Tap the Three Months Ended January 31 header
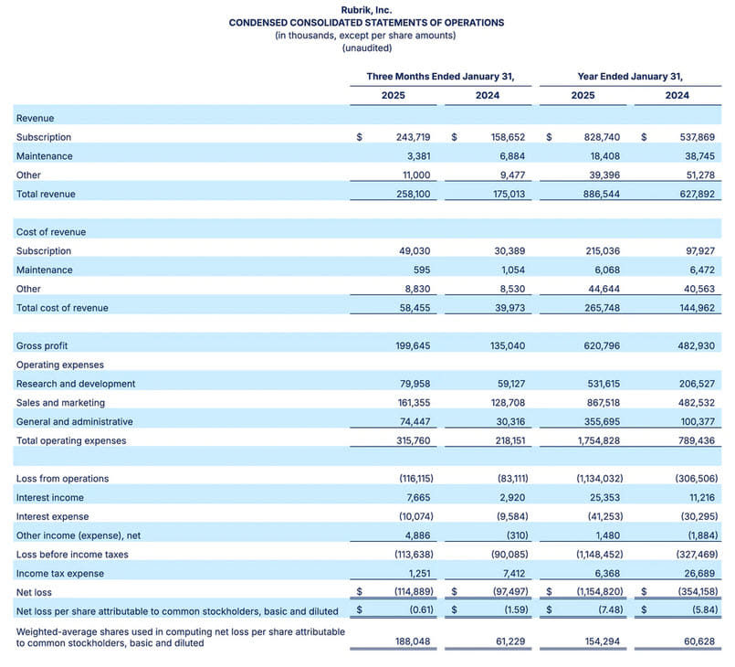pyautogui.click(x=440, y=77)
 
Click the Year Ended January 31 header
pyautogui.click(x=630, y=77)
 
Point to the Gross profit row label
pyautogui.click(x=42, y=346)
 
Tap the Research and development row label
pyautogui.click(x=76, y=384)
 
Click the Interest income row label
pyautogui.click(x=50, y=498)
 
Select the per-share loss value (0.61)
pyautogui.click(x=417, y=610)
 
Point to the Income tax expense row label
pyautogui.click(x=60, y=574)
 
